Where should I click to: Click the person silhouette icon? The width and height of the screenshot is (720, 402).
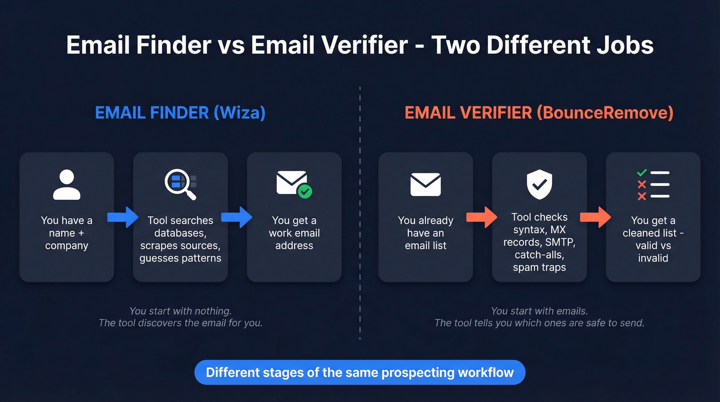tap(67, 185)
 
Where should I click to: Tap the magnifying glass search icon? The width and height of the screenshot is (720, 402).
tap(179, 184)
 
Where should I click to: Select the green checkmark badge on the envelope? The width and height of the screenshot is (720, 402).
tap(305, 192)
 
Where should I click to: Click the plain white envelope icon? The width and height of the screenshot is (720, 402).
tap(425, 184)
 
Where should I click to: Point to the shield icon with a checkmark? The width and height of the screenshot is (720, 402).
tap(539, 185)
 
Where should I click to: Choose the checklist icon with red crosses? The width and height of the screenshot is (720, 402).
tap(653, 185)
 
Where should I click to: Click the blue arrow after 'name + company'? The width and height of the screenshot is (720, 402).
tap(122, 218)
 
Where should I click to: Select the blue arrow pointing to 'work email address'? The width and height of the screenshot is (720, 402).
tap(237, 218)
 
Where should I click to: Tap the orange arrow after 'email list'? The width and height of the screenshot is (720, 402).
tap(482, 218)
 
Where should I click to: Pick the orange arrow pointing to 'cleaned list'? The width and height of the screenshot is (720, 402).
tap(596, 218)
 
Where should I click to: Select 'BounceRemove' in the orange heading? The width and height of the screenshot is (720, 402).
tap(604, 113)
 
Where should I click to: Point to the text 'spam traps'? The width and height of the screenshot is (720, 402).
tap(539, 268)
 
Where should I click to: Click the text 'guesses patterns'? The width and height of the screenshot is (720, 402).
tap(180, 258)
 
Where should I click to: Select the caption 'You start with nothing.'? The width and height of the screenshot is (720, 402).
tap(180, 311)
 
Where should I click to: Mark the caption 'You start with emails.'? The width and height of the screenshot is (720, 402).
tap(539, 311)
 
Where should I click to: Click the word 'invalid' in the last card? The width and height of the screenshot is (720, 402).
tap(653, 258)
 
